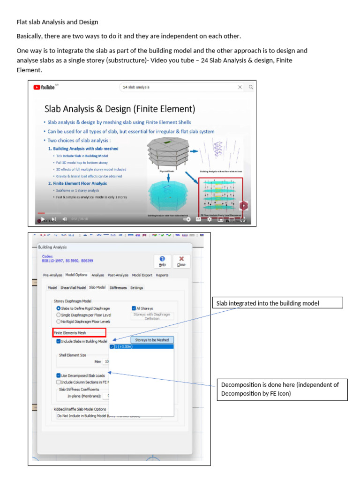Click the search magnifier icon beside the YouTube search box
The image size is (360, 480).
(x=251, y=87)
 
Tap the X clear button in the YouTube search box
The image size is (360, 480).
(x=240, y=87)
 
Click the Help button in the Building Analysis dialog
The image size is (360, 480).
(x=162, y=261)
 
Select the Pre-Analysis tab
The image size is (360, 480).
(x=52, y=275)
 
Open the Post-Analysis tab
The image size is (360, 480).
(x=118, y=275)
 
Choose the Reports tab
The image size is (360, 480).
(x=162, y=275)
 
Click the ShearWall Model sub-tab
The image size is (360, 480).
(x=73, y=287)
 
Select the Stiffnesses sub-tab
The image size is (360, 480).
(x=118, y=287)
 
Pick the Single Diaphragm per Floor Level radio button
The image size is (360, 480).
(x=58, y=315)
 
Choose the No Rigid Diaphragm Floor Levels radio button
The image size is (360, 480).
(x=58, y=322)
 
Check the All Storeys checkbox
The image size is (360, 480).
(x=134, y=308)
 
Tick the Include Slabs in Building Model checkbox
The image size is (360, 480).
(x=58, y=341)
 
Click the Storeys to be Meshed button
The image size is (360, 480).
(x=152, y=340)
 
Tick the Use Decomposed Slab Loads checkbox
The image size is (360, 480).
(x=58, y=375)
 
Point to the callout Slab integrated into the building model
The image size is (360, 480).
(x=277, y=303)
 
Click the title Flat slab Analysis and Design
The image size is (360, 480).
(x=58, y=22)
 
